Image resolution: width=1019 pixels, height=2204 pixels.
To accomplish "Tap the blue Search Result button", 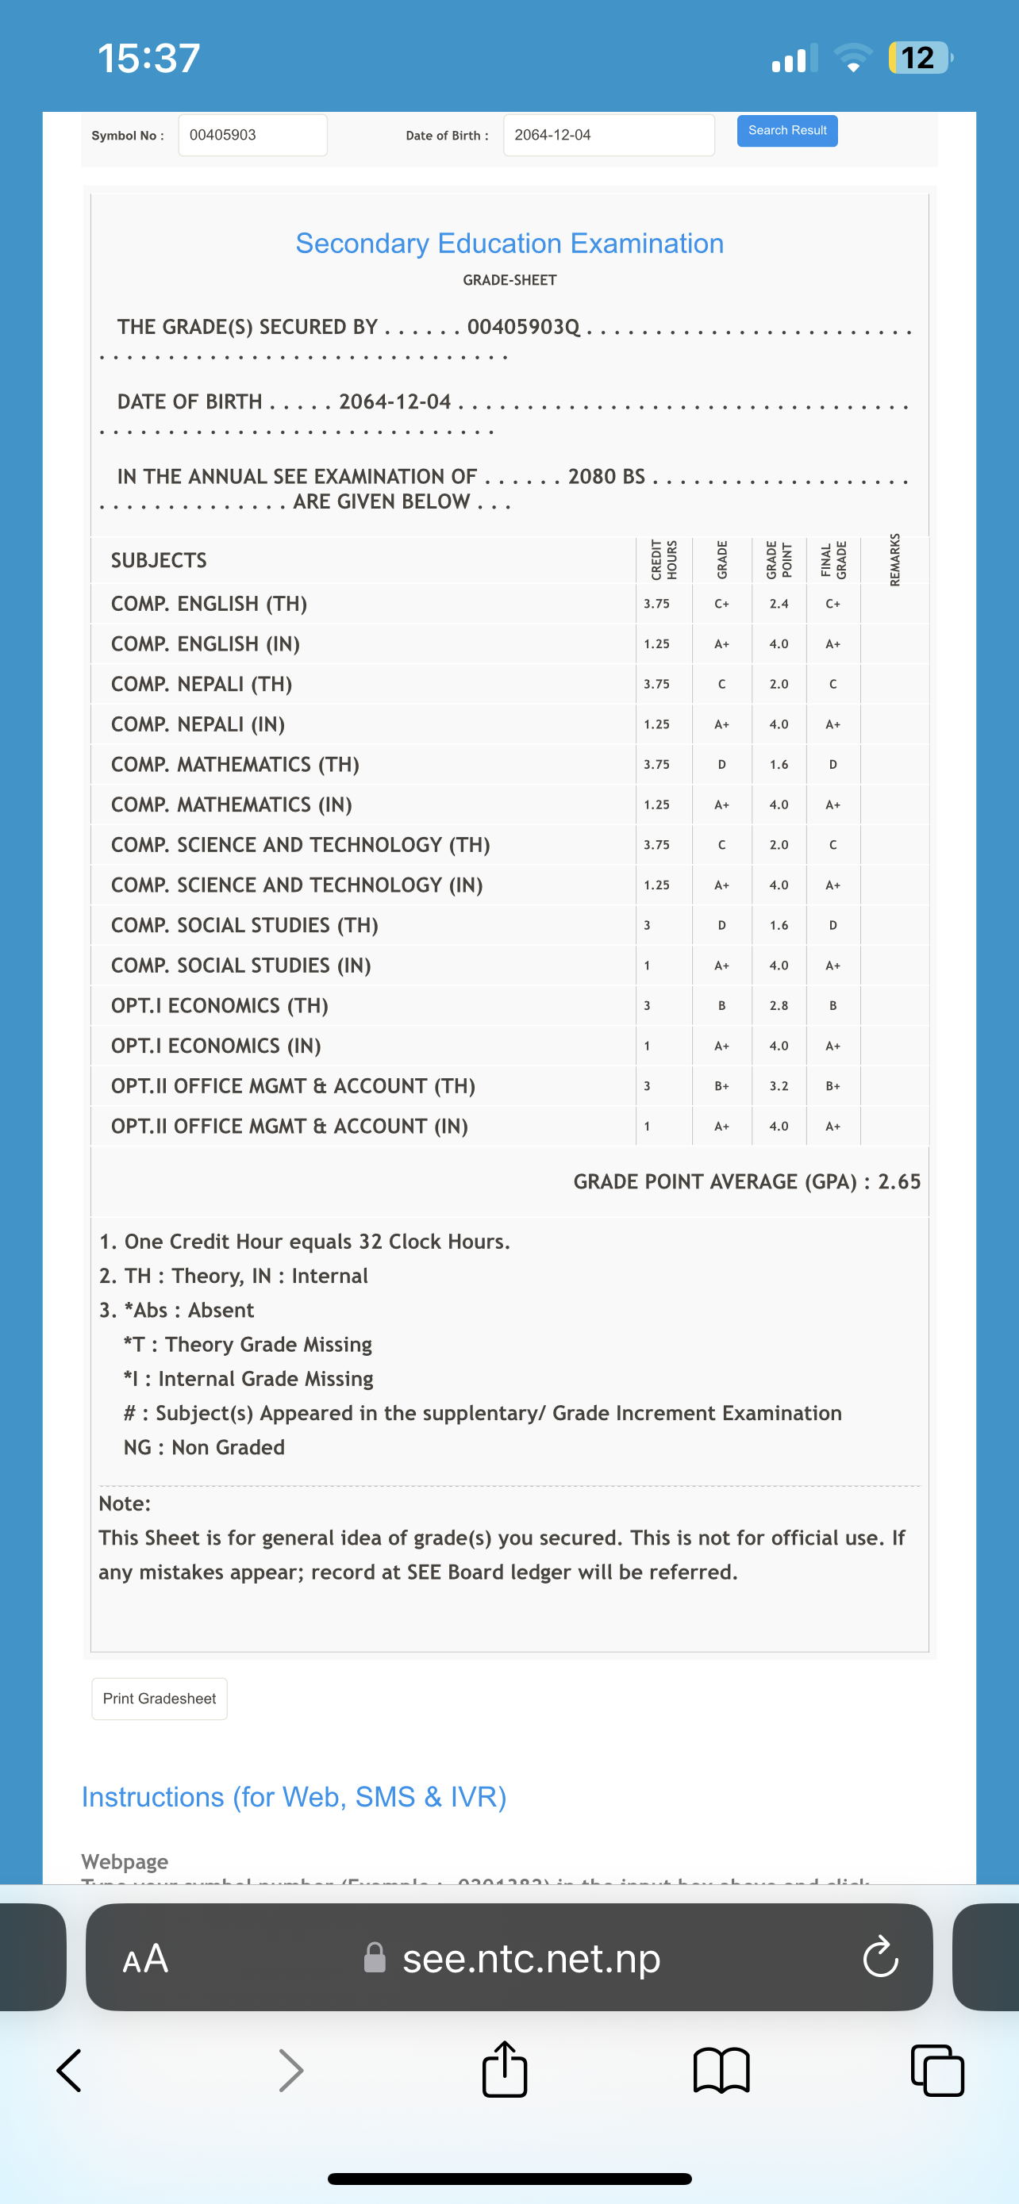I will (787, 131).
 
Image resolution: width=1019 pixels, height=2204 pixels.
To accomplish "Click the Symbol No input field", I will (252, 135).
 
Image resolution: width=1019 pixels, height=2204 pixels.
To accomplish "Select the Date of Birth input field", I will (609, 135).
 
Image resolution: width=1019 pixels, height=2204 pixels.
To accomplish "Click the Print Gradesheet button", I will (160, 1699).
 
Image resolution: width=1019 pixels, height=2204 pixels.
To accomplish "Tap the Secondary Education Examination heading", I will (509, 244).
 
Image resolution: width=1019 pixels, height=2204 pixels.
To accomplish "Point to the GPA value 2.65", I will (899, 1181).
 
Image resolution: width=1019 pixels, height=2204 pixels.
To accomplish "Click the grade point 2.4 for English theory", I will (779, 604).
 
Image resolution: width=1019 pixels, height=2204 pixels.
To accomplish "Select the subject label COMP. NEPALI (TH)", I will (202, 685).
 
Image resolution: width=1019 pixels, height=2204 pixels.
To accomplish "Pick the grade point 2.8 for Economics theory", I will (779, 1006).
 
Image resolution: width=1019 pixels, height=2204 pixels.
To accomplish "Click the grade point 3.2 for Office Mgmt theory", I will (779, 1087).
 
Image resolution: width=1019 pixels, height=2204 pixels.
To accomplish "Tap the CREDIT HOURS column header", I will (664, 559).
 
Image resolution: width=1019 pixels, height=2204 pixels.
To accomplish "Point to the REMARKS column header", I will (895, 559).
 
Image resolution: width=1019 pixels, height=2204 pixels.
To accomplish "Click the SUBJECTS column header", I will (160, 560).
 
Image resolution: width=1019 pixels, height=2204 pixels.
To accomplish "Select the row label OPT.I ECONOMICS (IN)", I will (217, 1046).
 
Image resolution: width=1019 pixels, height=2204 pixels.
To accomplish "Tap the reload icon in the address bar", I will (880, 1957).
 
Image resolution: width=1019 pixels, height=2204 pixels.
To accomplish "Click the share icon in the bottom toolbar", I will (505, 2071).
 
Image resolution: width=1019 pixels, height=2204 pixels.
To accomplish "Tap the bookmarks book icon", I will (721, 2071).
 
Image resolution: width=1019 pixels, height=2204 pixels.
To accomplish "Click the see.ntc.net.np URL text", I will (531, 1957).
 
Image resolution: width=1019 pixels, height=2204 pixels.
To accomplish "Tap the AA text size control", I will (145, 1957).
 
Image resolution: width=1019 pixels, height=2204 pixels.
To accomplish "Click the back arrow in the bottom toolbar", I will (69, 2071).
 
